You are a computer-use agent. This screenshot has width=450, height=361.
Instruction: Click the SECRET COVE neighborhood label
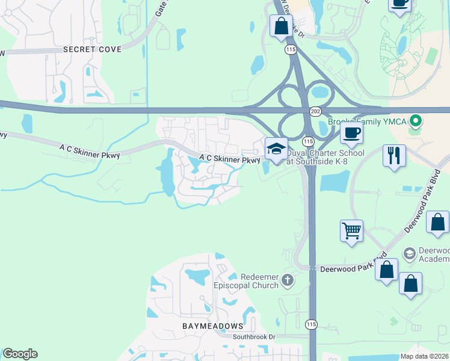[92, 49]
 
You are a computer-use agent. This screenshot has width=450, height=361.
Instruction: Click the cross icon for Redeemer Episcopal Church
[288, 280]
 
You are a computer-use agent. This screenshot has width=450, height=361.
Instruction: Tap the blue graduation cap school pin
[276, 149]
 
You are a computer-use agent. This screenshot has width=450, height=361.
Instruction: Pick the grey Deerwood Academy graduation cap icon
[410, 253]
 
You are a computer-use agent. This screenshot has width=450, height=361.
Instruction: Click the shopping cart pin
[351, 230]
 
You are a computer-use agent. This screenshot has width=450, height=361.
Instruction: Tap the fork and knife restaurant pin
[394, 155]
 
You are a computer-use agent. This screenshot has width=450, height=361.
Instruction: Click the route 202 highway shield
[315, 112]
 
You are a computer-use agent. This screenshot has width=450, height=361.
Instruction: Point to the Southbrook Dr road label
[253, 337]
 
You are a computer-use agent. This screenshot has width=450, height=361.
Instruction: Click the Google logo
[20, 354]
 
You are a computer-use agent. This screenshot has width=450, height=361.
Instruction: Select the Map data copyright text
[424, 356]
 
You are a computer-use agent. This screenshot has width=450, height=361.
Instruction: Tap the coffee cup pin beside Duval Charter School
[351, 132]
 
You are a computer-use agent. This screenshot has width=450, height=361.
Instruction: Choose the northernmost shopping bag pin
[281, 26]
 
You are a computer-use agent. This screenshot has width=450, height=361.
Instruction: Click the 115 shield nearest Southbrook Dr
[310, 323]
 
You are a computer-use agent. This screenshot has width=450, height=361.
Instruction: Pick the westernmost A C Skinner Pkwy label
[90, 151]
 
